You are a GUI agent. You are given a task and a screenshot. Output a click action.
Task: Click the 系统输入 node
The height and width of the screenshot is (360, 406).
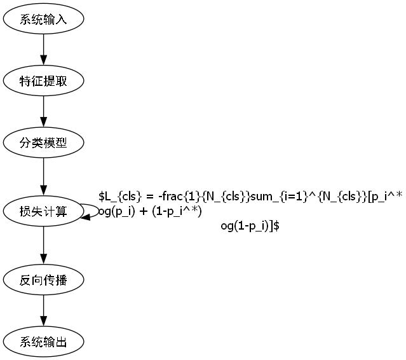coord(43,20)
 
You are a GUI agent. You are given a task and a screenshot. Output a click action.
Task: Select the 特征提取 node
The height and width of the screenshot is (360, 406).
coord(43,81)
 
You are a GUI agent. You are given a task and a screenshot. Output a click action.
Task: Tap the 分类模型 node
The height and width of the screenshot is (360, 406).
coord(43,143)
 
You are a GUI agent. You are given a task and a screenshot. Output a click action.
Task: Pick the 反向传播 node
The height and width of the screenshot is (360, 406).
coord(43,280)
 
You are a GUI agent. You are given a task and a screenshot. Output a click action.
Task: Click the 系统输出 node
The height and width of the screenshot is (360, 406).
coord(43,342)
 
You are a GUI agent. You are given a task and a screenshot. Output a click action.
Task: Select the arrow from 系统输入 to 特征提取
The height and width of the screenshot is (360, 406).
coord(43,50)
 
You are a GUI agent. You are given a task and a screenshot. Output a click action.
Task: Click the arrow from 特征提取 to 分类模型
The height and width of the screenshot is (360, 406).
coord(43,112)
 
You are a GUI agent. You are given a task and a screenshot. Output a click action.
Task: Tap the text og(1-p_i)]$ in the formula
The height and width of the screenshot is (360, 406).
coord(250,226)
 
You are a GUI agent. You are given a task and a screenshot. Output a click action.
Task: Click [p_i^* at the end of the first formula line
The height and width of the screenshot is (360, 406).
coord(384,197)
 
